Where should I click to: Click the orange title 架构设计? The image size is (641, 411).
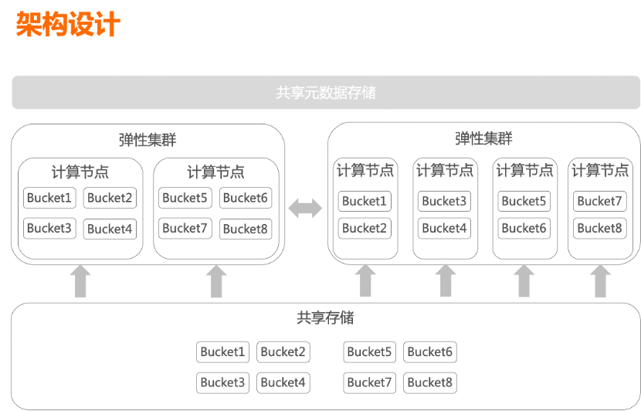pos(68,24)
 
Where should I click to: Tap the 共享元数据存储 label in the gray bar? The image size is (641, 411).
pos(326,93)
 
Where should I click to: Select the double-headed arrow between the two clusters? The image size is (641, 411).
pos(306,207)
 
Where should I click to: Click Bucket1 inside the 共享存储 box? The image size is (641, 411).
pos(222,352)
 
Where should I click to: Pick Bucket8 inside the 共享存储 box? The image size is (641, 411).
pos(429,382)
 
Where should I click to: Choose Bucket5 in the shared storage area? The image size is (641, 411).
pos(370,352)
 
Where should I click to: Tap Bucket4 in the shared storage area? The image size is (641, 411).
pos(283,382)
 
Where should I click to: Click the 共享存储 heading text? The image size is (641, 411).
pos(325,318)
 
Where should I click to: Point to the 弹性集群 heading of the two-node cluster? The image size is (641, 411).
pos(148,140)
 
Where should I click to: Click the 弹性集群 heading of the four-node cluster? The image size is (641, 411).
pos(483,139)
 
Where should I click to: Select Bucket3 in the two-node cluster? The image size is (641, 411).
pos(49,229)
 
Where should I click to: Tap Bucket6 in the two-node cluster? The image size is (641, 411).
pos(246,199)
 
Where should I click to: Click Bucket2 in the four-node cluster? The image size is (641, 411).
pos(365,229)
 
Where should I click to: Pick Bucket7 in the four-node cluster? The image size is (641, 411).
pos(599,202)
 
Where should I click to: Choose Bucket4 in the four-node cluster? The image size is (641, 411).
pos(444,229)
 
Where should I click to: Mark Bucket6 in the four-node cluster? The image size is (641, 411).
pos(524,229)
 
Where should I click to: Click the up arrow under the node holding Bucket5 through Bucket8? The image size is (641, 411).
pos(216,282)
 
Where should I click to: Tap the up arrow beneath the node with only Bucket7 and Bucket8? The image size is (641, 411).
pos(600,281)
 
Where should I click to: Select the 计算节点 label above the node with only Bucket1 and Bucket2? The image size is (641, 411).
pos(365,171)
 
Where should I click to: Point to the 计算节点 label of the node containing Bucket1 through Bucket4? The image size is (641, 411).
pos(80,172)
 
